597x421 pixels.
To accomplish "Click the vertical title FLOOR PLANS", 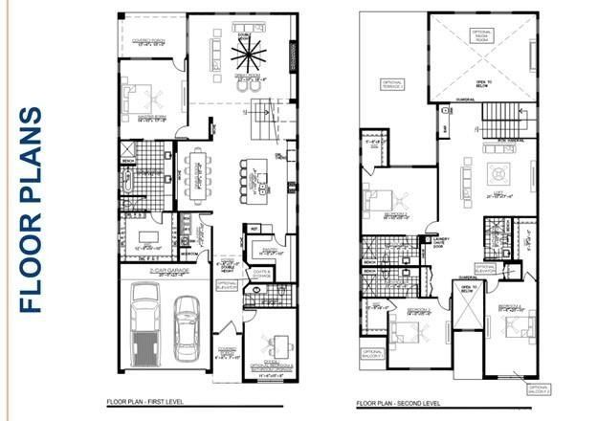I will (x=31, y=210).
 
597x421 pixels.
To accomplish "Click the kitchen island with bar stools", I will (x=255, y=178).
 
